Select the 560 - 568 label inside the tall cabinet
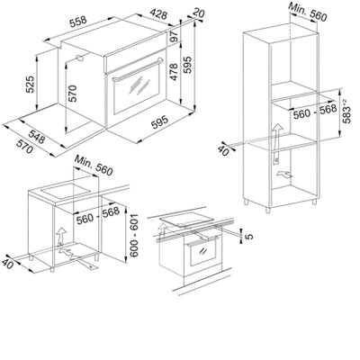(304, 113)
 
